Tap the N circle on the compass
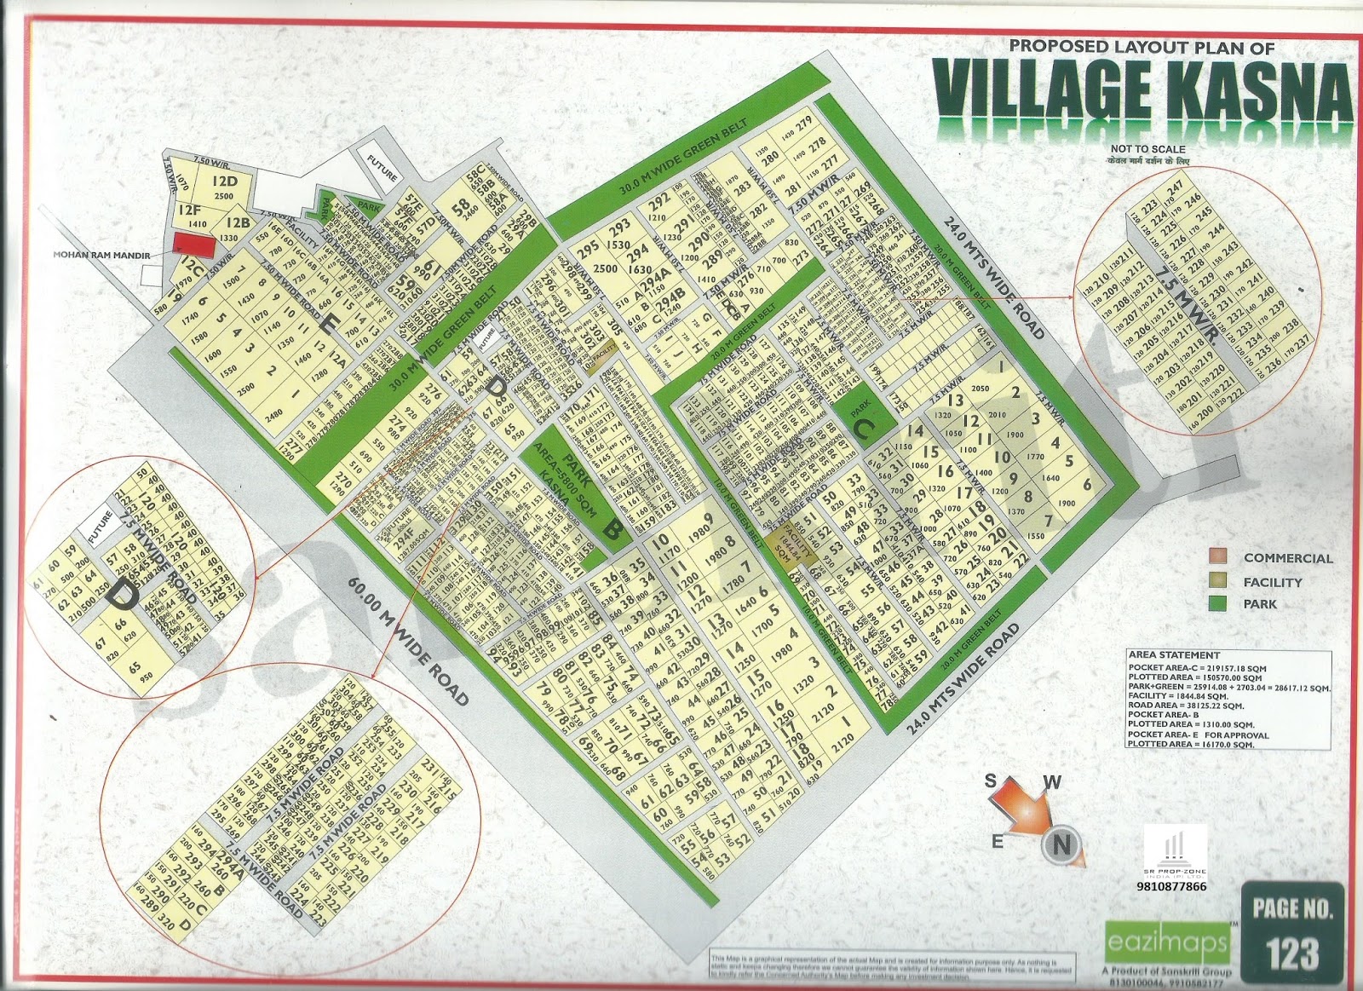click(x=1061, y=844)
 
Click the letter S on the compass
click(x=992, y=781)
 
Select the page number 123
click(x=1291, y=952)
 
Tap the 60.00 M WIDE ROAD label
click(x=410, y=638)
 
